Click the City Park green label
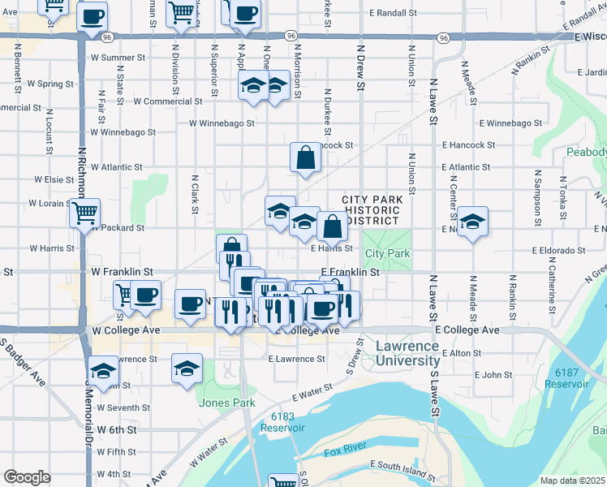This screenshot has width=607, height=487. pyautogui.click(x=387, y=254)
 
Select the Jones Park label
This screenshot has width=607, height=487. pyautogui.click(x=227, y=403)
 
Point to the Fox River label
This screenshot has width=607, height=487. pyautogui.click(x=347, y=451)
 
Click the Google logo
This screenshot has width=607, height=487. pyautogui.click(x=27, y=477)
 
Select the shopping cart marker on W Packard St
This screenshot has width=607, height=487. pyautogui.click(x=84, y=214)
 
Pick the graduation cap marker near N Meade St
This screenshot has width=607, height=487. pyautogui.click(x=471, y=222)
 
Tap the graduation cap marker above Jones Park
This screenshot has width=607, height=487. pyautogui.click(x=187, y=368)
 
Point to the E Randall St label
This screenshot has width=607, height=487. pyautogui.click(x=393, y=14)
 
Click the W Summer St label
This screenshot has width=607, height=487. pyautogui.click(x=118, y=58)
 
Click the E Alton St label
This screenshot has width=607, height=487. pyautogui.click(x=462, y=353)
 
